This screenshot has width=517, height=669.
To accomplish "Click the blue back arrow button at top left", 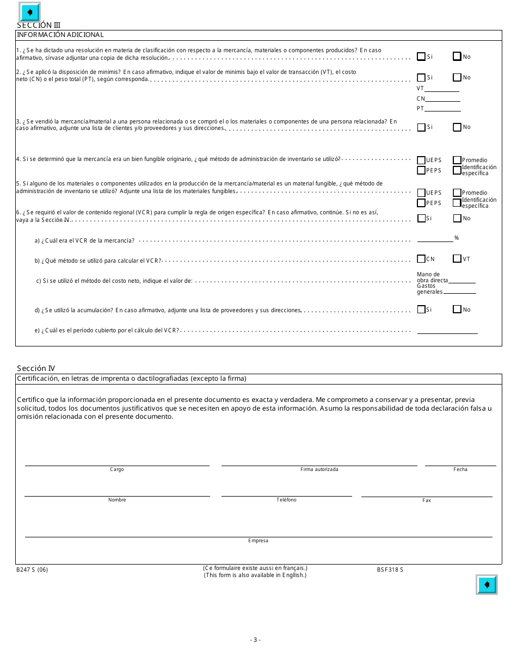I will click(29, 12).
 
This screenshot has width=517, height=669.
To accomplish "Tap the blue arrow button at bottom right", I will click(487, 585).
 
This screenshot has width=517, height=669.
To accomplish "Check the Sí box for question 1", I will click(421, 56).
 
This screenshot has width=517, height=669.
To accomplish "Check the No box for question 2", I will click(457, 77).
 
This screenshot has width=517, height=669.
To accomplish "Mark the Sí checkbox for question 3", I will click(421, 127).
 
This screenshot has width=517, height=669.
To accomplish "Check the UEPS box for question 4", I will click(421, 160).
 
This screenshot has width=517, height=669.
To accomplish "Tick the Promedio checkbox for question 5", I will click(457, 193).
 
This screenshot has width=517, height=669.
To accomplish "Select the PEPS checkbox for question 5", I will click(421, 203).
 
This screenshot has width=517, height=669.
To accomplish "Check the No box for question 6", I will click(457, 218).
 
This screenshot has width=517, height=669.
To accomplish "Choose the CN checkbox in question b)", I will click(421, 259).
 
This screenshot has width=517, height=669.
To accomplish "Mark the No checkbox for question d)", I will click(457, 309).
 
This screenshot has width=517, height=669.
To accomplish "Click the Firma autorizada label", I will click(319, 469).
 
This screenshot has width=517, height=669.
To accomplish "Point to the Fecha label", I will click(460, 469).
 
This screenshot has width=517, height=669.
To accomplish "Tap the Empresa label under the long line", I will click(258, 541).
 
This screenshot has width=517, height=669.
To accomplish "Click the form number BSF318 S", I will click(390, 569).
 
